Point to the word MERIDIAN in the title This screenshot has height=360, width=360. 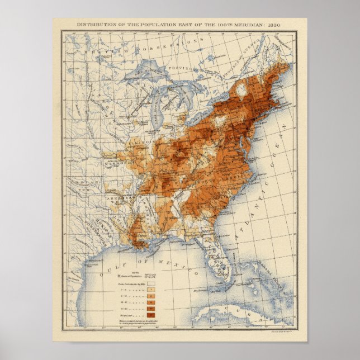coord(244,25)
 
